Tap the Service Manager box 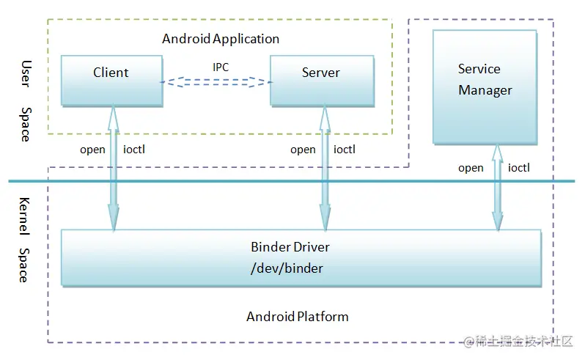[x=485, y=86]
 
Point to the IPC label [x=221, y=67]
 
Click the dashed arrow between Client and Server [x=216, y=82]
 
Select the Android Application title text [x=221, y=38]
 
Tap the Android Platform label [x=298, y=317]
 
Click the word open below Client [x=93, y=150]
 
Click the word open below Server [x=303, y=150]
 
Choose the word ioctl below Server [x=345, y=150]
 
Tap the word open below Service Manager [x=471, y=168]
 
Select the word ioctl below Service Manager [x=518, y=168]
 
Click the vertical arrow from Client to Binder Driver [x=114, y=169]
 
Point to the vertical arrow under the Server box [x=323, y=169]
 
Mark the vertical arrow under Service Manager [x=498, y=188]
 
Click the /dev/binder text [x=287, y=268]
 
